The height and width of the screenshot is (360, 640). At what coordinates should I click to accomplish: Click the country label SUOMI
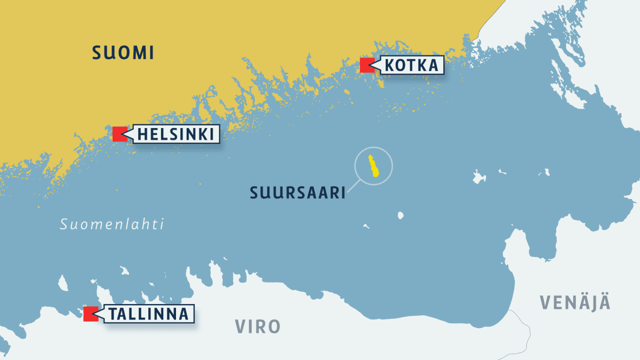(123, 53)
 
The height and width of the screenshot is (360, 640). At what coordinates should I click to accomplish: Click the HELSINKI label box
(176, 134)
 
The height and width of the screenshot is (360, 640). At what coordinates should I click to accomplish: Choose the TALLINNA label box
(149, 314)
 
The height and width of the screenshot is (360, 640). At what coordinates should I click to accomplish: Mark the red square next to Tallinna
(91, 314)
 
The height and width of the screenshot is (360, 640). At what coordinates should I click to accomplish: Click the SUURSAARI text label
(298, 193)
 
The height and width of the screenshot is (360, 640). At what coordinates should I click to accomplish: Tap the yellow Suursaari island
(373, 165)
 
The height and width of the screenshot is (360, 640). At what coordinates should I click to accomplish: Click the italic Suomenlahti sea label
(112, 225)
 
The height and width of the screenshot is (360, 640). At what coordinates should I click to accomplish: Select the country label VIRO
(258, 326)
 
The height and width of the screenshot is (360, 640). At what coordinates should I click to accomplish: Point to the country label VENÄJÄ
(575, 302)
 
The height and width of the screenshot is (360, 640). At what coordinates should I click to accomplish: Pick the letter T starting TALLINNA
(113, 314)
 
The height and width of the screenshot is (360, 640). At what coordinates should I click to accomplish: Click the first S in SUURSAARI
(255, 193)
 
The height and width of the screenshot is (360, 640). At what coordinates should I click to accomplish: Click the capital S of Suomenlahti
(63, 225)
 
